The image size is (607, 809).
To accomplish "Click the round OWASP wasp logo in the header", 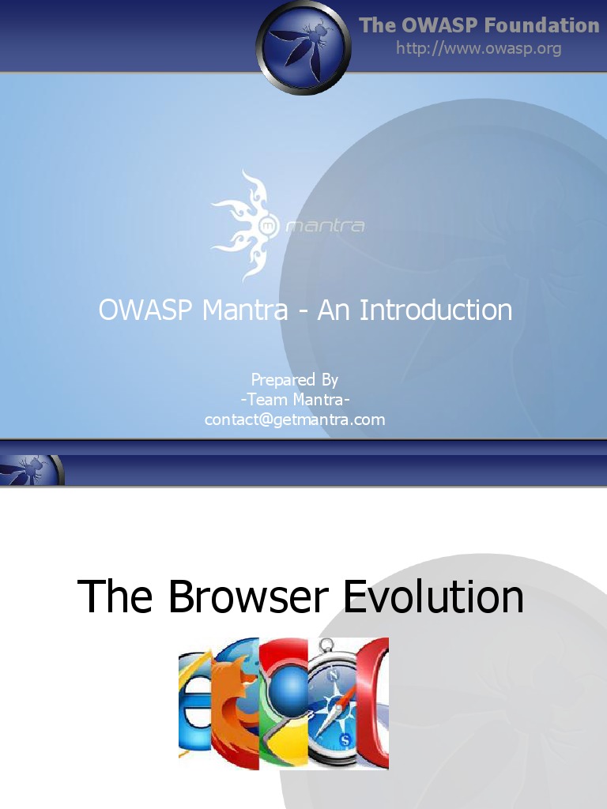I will click(x=303, y=47).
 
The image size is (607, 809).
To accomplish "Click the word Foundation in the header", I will click(x=541, y=25).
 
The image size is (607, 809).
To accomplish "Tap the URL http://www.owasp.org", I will click(x=478, y=48).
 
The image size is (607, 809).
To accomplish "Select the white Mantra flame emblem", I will click(x=243, y=225).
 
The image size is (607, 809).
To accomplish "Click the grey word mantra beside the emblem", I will click(x=325, y=227).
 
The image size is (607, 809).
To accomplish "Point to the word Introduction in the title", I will click(x=436, y=310).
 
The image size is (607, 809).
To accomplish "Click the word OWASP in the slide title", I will click(x=145, y=310).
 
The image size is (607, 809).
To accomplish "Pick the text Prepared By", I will click(x=294, y=379).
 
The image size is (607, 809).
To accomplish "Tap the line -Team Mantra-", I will click(x=295, y=399).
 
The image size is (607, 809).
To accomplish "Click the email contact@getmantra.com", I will click(x=295, y=420).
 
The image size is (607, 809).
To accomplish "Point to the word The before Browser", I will click(x=115, y=596).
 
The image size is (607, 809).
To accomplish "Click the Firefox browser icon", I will click(x=236, y=703).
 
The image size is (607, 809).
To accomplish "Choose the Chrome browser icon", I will click(x=283, y=703).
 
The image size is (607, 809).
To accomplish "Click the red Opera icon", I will click(x=375, y=703).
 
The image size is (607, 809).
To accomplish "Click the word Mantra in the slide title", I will click(x=245, y=310).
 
